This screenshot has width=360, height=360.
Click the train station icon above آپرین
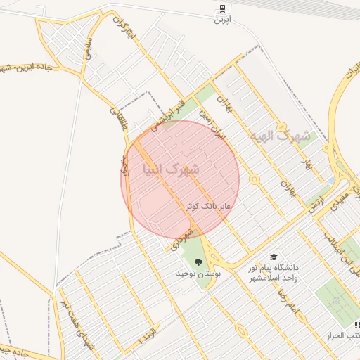(x=221, y=8)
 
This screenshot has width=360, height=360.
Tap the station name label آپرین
(x=221, y=20)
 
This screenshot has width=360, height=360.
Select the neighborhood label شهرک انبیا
(x=171, y=169)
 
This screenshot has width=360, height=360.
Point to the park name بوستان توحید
(x=198, y=273)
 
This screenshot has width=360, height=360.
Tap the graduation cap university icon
(x=273, y=257)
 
